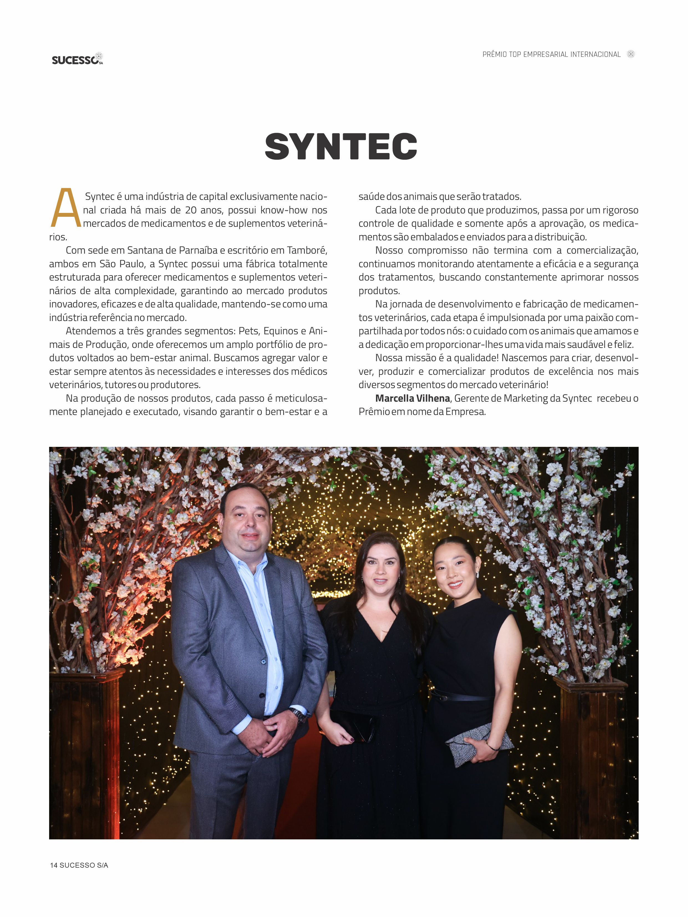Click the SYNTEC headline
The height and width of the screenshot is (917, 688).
341,147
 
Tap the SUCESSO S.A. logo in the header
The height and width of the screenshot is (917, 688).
77,59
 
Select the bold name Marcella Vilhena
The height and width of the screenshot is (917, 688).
412,398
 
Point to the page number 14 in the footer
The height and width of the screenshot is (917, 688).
54,865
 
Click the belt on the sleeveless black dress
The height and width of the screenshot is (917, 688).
460,697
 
